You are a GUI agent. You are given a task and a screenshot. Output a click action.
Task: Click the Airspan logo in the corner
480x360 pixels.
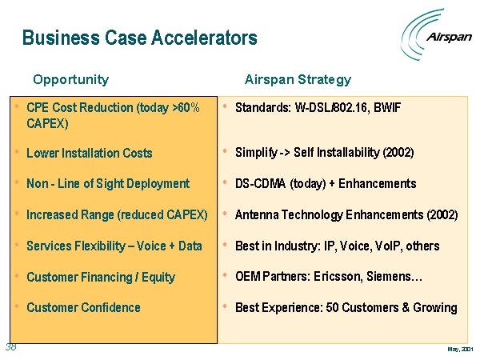tap(436, 34)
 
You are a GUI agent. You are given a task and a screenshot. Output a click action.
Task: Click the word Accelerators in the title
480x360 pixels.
tap(204, 38)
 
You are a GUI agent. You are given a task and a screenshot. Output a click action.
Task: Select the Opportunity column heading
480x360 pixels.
tap(70, 80)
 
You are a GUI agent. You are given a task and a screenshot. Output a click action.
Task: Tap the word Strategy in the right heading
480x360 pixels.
tap(325, 80)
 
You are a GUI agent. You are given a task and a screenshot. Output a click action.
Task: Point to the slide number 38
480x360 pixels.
tap(10, 347)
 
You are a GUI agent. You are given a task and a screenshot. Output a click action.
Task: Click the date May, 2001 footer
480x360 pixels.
tap(461, 349)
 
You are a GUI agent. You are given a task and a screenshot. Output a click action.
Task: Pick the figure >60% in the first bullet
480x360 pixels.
tap(186, 108)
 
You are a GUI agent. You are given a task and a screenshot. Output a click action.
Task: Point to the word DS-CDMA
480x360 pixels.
tap(261, 184)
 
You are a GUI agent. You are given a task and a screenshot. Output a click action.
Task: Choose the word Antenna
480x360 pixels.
tap(257, 215)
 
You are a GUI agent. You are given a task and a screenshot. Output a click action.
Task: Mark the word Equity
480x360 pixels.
tap(158, 278)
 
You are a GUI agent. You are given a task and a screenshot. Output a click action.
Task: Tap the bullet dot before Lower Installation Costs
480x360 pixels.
tap(17, 151)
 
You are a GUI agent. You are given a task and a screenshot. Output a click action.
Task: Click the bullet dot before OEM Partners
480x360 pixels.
tap(225, 275)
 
